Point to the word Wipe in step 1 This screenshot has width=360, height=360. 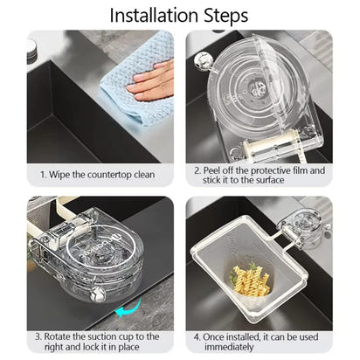pos(65,174)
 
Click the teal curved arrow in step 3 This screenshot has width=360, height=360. pos(132,307)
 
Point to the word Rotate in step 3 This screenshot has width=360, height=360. pos(59,336)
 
